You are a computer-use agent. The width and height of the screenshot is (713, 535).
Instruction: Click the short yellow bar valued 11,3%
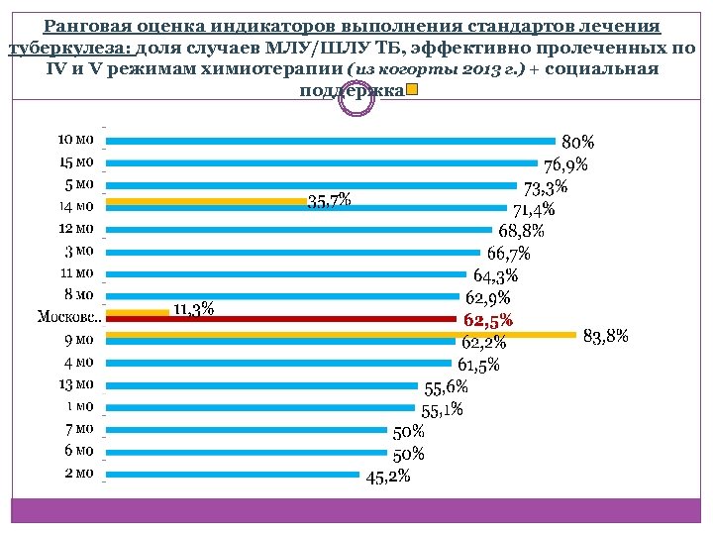(x=138, y=311)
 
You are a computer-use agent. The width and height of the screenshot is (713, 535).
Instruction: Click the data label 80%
(x=578, y=144)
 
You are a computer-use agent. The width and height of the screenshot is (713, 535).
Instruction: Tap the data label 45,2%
(x=388, y=478)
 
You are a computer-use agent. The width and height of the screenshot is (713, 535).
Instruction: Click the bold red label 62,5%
(x=487, y=320)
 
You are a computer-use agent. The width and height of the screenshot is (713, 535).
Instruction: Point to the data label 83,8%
(x=606, y=336)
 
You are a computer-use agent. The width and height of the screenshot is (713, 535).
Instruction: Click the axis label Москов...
(x=67, y=317)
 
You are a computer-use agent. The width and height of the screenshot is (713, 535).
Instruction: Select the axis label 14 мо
(x=76, y=207)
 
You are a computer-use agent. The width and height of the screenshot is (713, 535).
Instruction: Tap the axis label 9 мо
(x=78, y=340)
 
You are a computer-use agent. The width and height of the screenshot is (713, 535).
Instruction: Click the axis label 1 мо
(x=79, y=406)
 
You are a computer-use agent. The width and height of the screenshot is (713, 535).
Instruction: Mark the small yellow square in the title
(x=411, y=90)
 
